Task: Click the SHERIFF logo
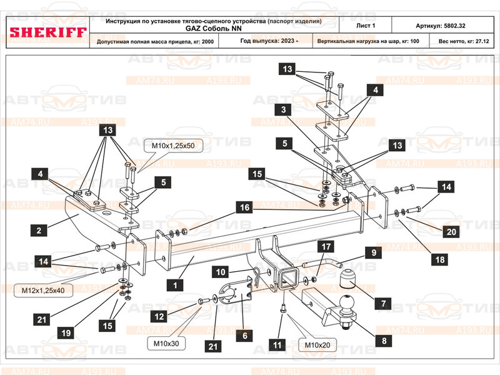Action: point(47,31)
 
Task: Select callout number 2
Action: point(39,231)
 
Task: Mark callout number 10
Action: point(221,272)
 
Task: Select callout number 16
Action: point(244,206)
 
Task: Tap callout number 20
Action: point(451,231)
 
